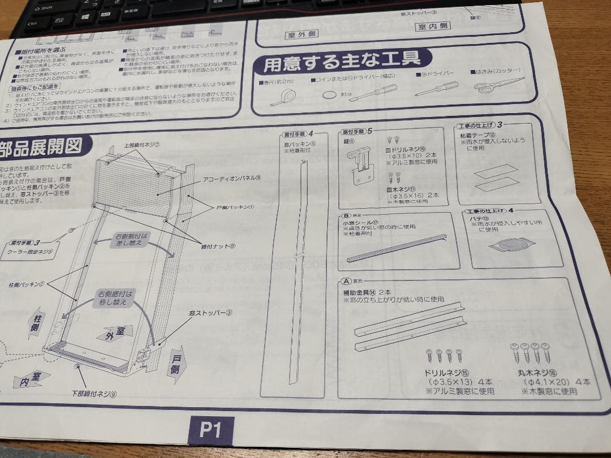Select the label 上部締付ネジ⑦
(141, 144)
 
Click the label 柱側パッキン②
(27, 283)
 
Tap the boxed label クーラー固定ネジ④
(30, 252)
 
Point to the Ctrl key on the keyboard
(32, 24)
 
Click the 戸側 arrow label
(176, 364)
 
